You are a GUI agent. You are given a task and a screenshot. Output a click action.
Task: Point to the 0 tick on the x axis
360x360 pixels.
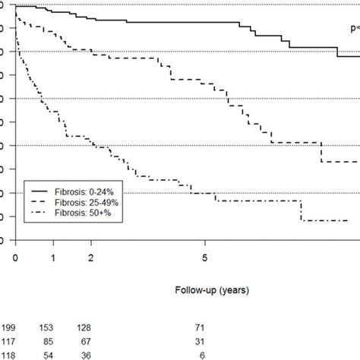pos(15,258)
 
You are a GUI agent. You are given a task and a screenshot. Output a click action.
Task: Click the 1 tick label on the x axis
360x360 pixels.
pos(53,258)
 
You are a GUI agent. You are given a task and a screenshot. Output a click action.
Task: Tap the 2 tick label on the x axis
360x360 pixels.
pos(91,258)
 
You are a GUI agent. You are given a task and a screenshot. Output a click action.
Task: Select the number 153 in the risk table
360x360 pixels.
pos(53,325)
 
